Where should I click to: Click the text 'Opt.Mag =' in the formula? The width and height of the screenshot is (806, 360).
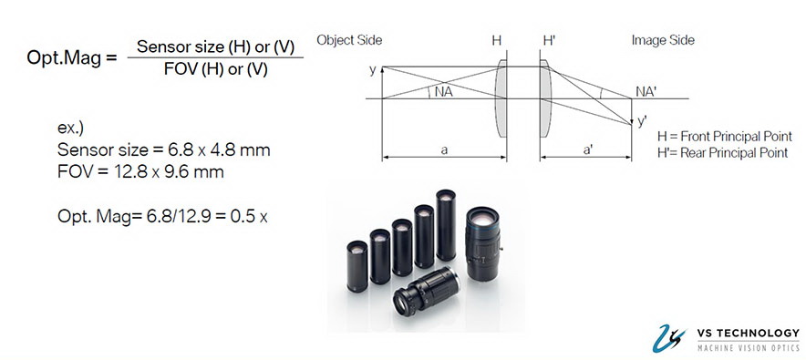[72, 57]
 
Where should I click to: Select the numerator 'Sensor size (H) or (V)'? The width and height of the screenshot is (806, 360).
[215, 46]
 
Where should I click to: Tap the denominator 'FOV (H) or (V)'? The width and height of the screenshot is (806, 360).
[215, 69]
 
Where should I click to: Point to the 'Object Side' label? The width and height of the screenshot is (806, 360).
[349, 40]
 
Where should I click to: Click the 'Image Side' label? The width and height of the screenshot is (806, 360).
[663, 40]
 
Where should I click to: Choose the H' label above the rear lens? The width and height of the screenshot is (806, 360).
[549, 41]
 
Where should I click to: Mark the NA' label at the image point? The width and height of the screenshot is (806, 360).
[646, 91]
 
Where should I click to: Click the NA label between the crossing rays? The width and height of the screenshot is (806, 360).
[444, 92]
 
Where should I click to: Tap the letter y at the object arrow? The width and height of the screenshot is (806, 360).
[373, 70]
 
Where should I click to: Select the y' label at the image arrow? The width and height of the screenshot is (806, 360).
[642, 121]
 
